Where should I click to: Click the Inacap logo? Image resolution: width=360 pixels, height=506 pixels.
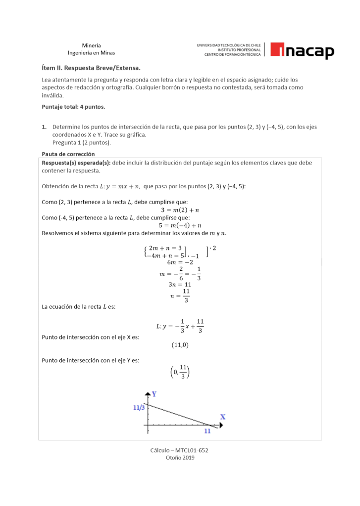click(302, 50)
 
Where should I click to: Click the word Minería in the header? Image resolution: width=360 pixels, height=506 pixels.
click(91, 45)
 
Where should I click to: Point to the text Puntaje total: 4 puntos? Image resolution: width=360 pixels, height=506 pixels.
click(73, 106)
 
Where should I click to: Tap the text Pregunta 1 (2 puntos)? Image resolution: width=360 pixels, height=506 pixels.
click(82, 143)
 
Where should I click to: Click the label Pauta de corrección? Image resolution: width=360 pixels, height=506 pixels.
click(68, 154)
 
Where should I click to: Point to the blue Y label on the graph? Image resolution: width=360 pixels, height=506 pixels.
click(154, 394)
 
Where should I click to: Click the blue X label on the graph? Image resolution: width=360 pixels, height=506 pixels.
click(222, 417)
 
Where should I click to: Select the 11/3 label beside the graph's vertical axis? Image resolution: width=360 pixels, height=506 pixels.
click(139, 408)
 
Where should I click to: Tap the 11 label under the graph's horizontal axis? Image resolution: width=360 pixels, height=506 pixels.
click(207, 431)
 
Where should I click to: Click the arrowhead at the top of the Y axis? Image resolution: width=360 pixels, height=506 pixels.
click(147, 394)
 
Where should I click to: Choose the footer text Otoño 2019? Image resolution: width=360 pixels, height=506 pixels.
click(180, 458)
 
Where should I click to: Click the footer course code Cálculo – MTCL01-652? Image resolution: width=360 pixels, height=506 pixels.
click(180, 450)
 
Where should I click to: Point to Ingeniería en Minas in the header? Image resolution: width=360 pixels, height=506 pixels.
click(91, 53)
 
